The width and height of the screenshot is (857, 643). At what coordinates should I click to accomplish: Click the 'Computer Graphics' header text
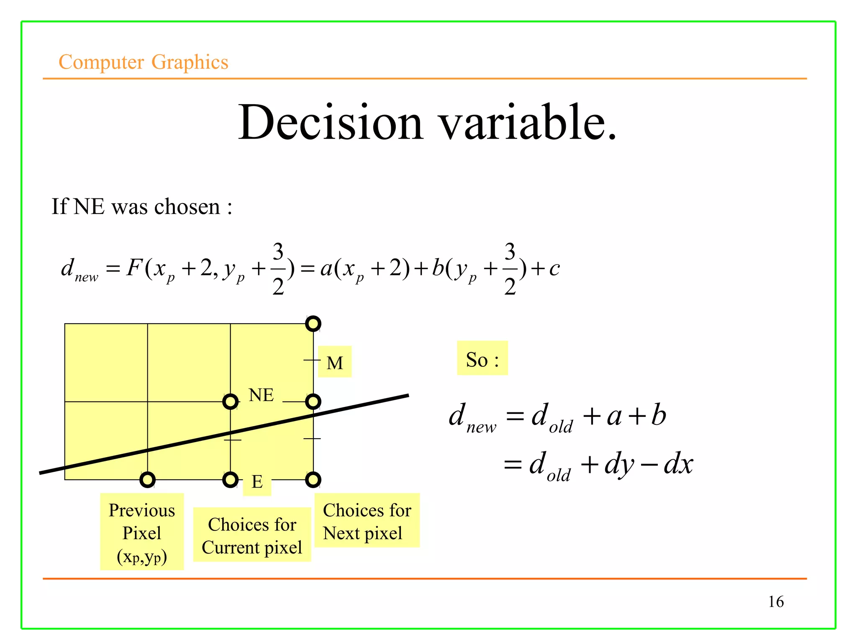click(143, 62)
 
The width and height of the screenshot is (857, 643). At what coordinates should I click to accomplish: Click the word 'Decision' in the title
click(331, 122)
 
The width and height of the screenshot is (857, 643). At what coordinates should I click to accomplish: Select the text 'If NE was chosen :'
click(141, 207)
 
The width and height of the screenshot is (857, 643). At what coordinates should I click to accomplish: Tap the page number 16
click(776, 602)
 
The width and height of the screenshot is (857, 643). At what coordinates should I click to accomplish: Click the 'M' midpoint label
click(335, 363)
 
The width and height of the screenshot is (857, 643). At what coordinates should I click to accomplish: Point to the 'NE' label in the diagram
click(261, 395)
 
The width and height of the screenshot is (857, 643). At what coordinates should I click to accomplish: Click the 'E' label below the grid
click(257, 482)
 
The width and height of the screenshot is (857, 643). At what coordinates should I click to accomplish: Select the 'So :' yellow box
click(482, 359)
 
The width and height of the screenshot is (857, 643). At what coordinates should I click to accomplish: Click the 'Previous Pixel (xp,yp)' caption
click(142, 532)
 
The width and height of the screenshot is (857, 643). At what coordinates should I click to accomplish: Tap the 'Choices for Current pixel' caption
click(252, 535)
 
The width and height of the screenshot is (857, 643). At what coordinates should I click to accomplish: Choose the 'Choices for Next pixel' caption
click(367, 521)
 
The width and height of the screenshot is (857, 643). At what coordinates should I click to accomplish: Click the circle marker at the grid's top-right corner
click(313, 324)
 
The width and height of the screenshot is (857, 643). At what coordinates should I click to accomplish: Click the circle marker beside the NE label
click(230, 402)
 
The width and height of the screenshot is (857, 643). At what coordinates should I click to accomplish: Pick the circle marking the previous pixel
click(147, 480)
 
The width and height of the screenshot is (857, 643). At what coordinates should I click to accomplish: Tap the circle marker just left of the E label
click(230, 480)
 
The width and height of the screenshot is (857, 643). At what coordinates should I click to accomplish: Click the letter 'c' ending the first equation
click(554, 268)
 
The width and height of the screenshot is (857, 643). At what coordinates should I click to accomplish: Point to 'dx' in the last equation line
click(678, 464)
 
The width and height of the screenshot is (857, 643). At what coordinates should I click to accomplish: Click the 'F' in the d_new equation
click(134, 267)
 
